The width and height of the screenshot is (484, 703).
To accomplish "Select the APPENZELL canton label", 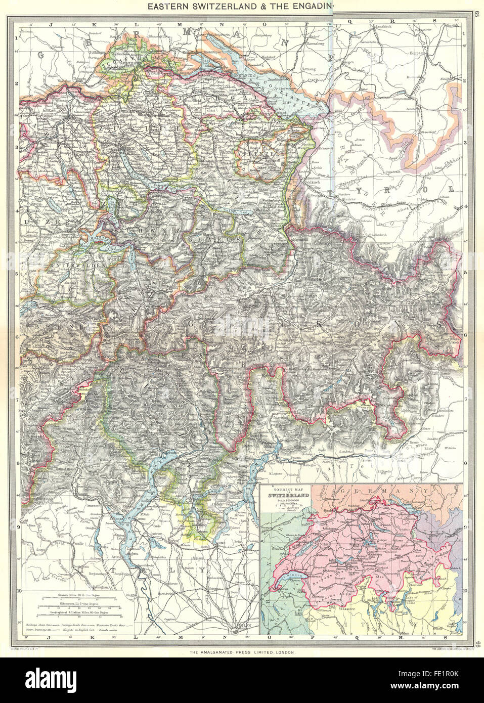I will pyautogui.click(x=258, y=151).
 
